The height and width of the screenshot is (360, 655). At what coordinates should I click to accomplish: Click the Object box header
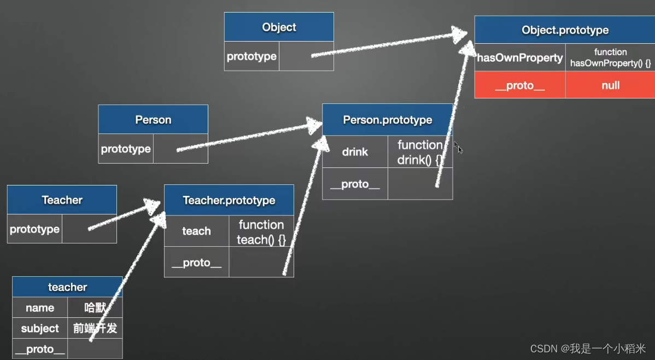click(279, 27)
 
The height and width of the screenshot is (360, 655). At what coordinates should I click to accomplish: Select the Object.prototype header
click(565, 30)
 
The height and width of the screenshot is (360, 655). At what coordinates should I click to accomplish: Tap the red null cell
click(610, 85)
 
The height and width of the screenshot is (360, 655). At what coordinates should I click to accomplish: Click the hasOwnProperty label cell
click(520, 58)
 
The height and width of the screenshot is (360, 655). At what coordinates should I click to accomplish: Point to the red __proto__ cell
click(520, 85)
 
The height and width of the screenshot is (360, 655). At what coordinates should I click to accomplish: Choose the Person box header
click(153, 120)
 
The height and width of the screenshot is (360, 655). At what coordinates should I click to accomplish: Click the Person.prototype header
click(387, 120)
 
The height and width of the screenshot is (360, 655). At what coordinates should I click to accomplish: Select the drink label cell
click(355, 152)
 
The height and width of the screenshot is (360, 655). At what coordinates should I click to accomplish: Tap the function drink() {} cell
click(420, 153)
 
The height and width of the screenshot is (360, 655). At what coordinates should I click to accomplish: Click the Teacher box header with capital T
click(62, 200)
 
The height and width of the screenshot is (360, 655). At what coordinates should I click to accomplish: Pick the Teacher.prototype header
click(229, 200)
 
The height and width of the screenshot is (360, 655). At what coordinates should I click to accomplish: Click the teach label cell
click(196, 231)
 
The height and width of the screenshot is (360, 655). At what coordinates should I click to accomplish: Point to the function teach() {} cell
click(261, 232)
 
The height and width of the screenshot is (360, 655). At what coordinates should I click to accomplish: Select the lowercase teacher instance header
click(67, 287)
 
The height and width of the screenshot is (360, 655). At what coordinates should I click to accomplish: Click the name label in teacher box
click(40, 307)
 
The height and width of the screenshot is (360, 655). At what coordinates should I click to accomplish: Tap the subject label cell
click(40, 328)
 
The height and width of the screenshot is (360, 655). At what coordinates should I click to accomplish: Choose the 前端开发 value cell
click(95, 328)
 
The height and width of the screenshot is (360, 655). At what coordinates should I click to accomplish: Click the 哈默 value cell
click(95, 307)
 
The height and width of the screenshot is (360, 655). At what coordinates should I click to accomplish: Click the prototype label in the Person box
click(126, 149)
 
